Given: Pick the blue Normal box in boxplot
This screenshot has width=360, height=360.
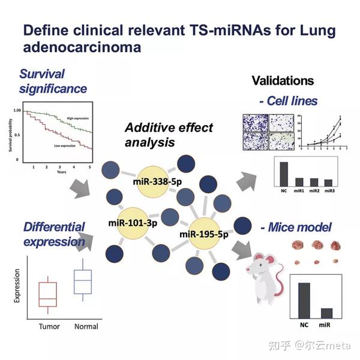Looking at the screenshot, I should (82, 280).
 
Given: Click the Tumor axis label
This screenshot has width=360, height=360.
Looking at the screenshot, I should (49, 326).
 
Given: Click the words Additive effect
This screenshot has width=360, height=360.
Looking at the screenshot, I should (168, 128).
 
